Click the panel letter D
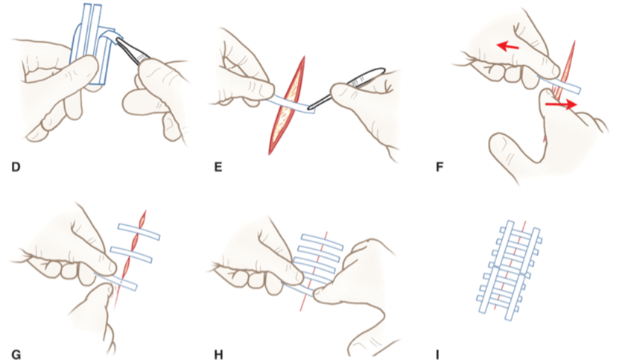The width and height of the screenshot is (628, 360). (16, 167)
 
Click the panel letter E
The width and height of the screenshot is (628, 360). (218, 167)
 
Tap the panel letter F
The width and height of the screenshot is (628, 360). (440, 167)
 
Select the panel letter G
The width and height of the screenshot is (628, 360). (16, 354)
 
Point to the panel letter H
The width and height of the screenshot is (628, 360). (218, 354)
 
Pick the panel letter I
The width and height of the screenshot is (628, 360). (437, 354)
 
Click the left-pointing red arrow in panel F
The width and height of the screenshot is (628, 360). (508, 47)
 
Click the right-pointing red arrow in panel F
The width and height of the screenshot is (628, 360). (561, 104)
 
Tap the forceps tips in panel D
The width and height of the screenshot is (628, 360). (118, 40)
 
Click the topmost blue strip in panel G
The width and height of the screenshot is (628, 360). (139, 232)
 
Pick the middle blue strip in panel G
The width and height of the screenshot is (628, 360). (132, 256)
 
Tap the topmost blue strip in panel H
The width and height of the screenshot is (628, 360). (322, 241)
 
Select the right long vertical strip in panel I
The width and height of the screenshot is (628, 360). (522, 276)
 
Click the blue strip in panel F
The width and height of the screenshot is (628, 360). (559, 83)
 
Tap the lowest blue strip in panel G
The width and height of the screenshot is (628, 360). (117, 281)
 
